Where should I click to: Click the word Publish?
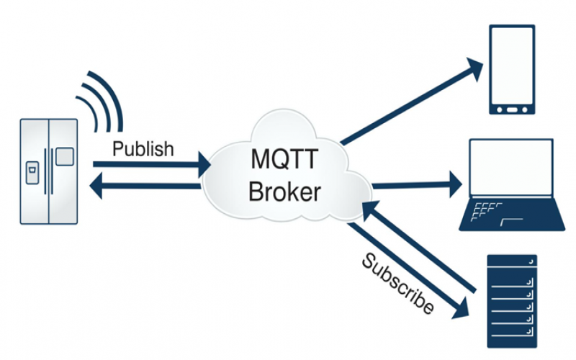pos(144,149)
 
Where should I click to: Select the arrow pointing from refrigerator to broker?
pos(151,165)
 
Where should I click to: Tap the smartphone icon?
pos(512,70)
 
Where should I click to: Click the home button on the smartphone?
pos(512,109)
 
